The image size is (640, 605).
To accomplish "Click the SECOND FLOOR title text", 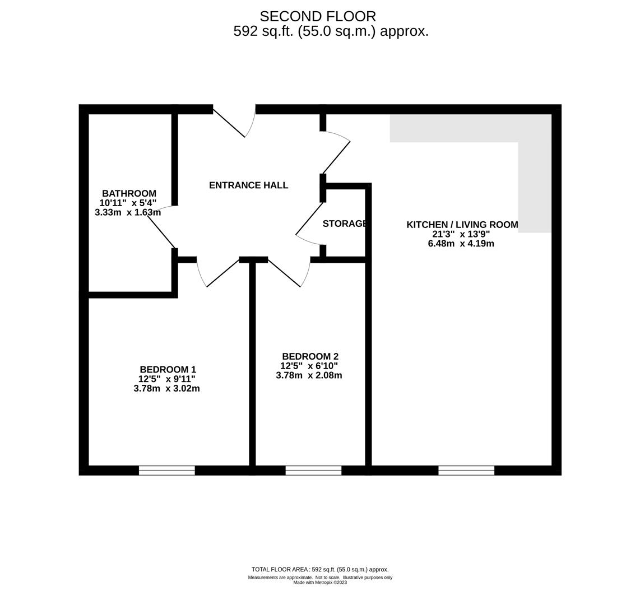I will point(318,17).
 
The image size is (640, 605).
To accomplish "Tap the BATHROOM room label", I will point(129,194).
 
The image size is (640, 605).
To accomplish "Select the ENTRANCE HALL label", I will point(248,185).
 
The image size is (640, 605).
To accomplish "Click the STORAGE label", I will point(345,224).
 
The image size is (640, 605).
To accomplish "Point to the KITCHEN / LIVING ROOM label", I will point(462,225).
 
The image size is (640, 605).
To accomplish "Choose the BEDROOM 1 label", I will point(168,370).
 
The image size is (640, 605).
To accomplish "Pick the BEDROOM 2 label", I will point(310,357).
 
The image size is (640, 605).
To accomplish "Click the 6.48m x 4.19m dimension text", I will point(461,244).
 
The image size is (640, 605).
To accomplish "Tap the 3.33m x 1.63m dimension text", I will point(128,213).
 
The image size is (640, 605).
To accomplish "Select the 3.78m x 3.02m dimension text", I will point(166,389).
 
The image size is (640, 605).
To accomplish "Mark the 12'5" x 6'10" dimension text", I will point(309,366).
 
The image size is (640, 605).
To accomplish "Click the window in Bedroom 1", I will point(166,471).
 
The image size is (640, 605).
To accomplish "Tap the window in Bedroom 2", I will point(313,471).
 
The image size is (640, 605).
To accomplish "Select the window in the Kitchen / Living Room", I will point(466,471).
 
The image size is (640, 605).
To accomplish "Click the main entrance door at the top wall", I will point(234,120).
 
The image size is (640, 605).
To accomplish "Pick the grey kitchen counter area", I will point(471,129).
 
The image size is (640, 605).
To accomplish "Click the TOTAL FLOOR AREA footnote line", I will point(320,570).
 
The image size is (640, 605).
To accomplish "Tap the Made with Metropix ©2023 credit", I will point(320,583).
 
